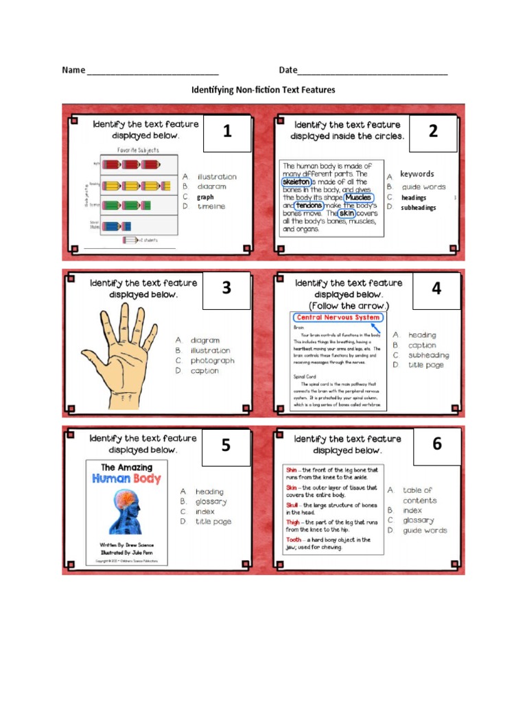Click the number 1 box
(x=227, y=133)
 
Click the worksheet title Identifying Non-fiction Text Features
(x=263, y=90)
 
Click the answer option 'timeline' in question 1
(x=211, y=206)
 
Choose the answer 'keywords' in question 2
(x=417, y=174)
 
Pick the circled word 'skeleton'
(x=296, y=182)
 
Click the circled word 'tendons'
(x=309, y=205)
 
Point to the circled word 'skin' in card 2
(x=346, y=213)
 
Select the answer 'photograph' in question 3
(x=212, y=361)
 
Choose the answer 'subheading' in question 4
(x=428, y=355)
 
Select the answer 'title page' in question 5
(x=213, y=522)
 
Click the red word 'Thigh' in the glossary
(x=292, y=522)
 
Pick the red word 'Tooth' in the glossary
(x=293, y=540)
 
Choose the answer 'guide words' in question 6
(x=425, y=531)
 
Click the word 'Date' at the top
(x=288, y=70)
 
